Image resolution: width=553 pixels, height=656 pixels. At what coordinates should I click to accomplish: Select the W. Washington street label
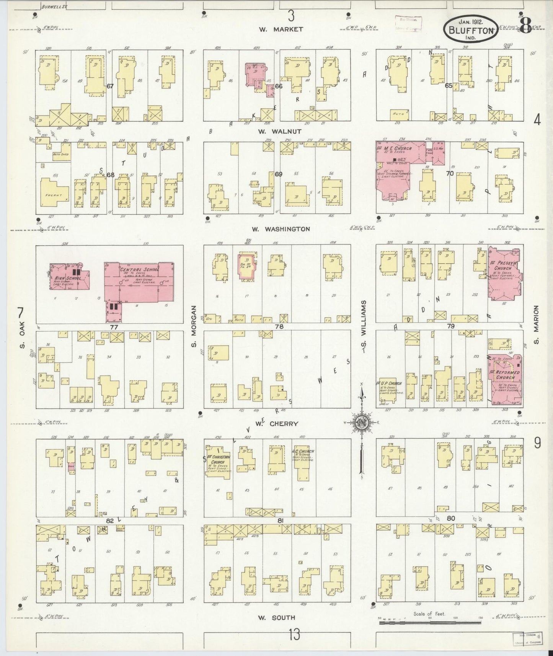point(281,229)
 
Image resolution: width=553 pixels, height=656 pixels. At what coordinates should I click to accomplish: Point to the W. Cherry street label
point(277,424)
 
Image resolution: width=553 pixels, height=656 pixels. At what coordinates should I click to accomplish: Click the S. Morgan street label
point(194,326)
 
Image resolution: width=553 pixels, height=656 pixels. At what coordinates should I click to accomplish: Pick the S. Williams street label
point(364,326)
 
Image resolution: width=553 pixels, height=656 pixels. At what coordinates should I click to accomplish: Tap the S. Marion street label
point(536,325)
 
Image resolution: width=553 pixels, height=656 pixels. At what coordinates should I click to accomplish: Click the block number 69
point(278,174)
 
